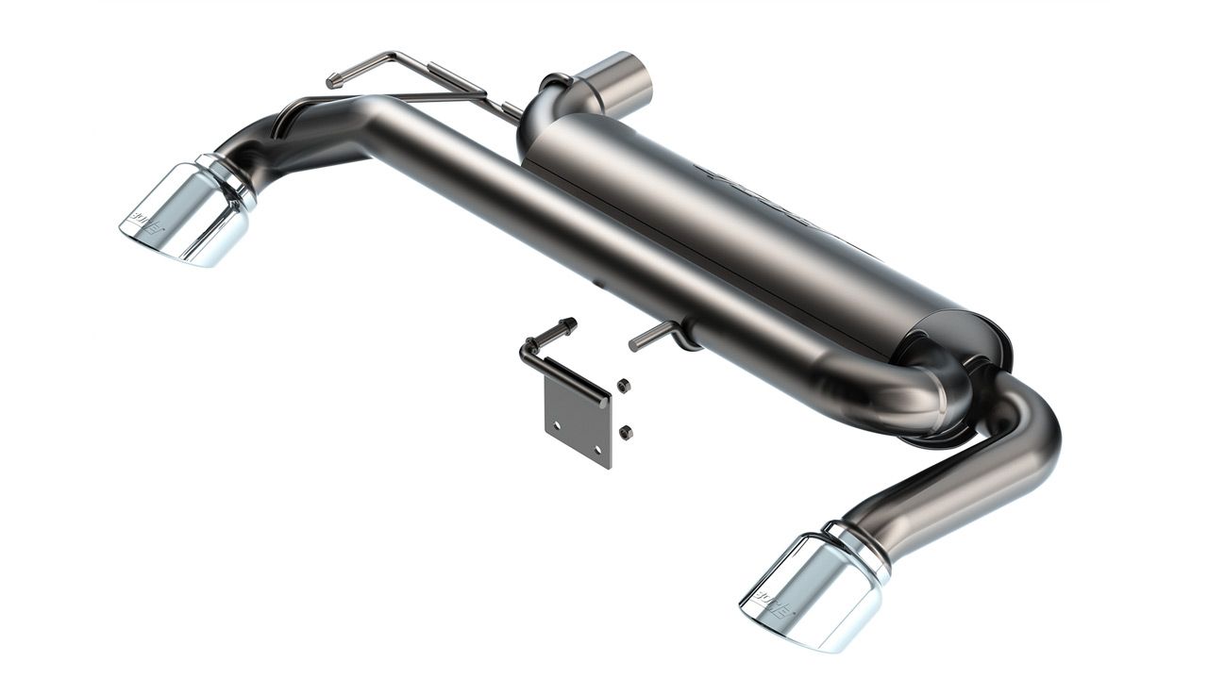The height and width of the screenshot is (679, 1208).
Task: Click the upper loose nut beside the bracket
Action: click(x=623, y=385)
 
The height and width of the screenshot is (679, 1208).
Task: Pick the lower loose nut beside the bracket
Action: click(x=625, y=432)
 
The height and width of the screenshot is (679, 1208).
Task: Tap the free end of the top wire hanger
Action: click(x=333, y=82)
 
